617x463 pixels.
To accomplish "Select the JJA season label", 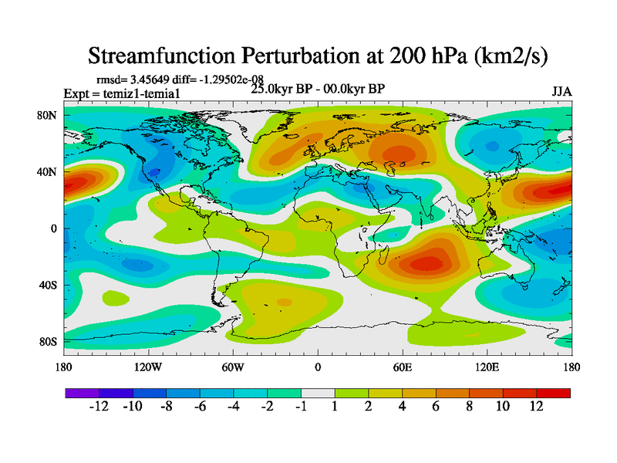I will (x=561, y=92).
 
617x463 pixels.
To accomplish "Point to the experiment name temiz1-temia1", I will (x=147, y=93).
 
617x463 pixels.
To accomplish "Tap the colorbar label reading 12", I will (x=537, y=406).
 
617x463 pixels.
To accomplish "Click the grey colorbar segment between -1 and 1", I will (x=318, y=393).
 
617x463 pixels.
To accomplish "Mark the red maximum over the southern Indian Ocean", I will (x=427, y=263).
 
